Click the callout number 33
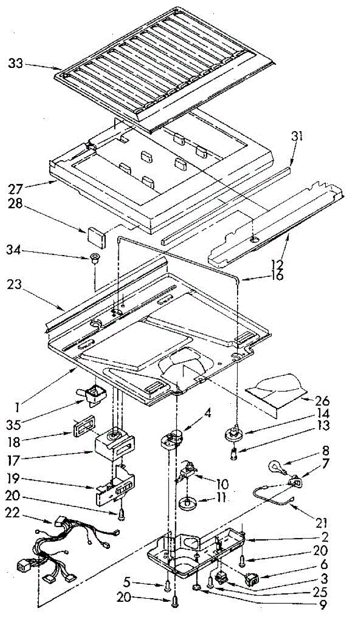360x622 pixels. (x=16, y=64)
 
